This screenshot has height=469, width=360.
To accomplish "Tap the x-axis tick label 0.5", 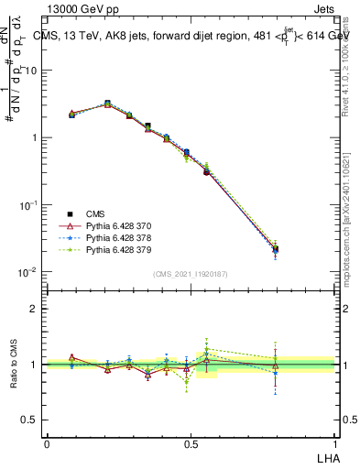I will click(x=191, y=442).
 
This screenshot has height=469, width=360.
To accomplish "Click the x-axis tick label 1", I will click(x=335, y=442).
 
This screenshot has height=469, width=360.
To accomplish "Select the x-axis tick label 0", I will click(x=47, y=442).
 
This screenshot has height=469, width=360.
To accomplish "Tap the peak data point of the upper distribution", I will click(x=108, y=104).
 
